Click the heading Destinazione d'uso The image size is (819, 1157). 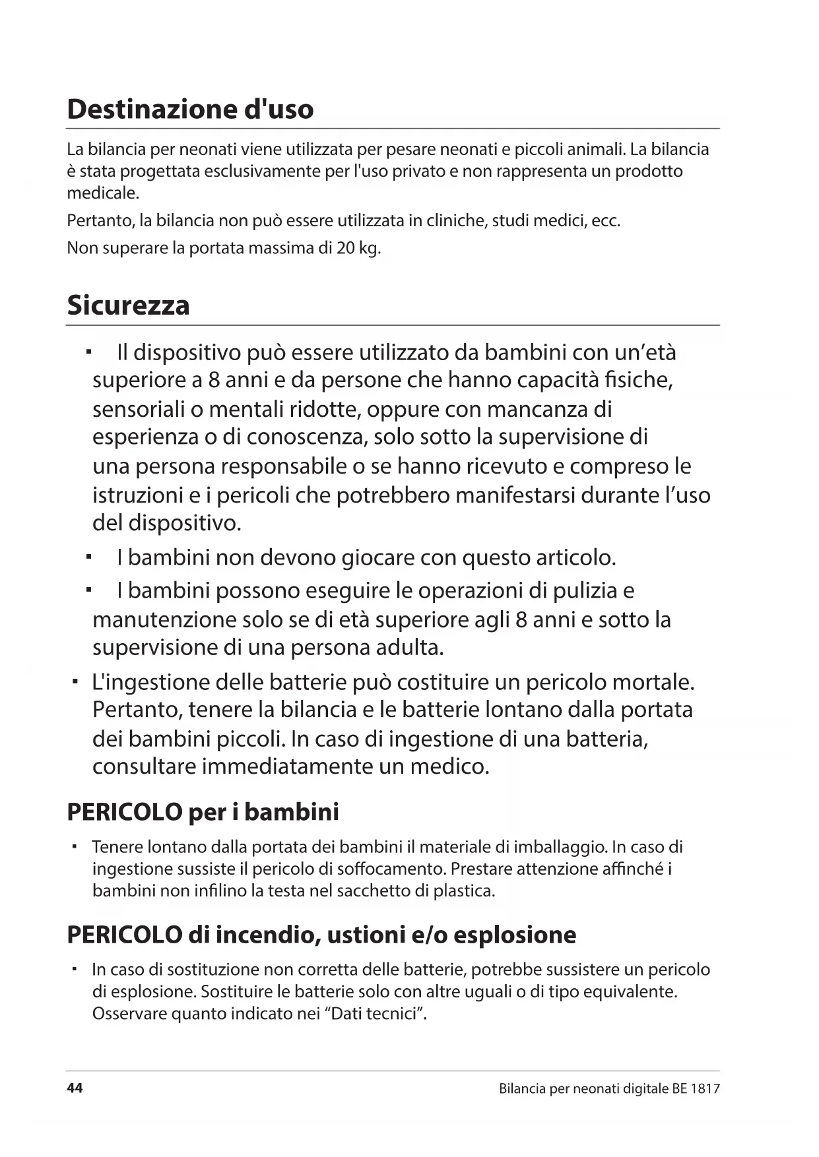[190, 109]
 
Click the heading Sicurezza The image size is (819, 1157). [128, 305]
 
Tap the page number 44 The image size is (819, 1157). [75, 1088]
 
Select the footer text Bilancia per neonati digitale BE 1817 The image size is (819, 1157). [609, 1088]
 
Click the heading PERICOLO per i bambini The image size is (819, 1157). [203, 812]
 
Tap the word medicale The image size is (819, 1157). [103, 193]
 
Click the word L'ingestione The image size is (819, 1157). [149, 682]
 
